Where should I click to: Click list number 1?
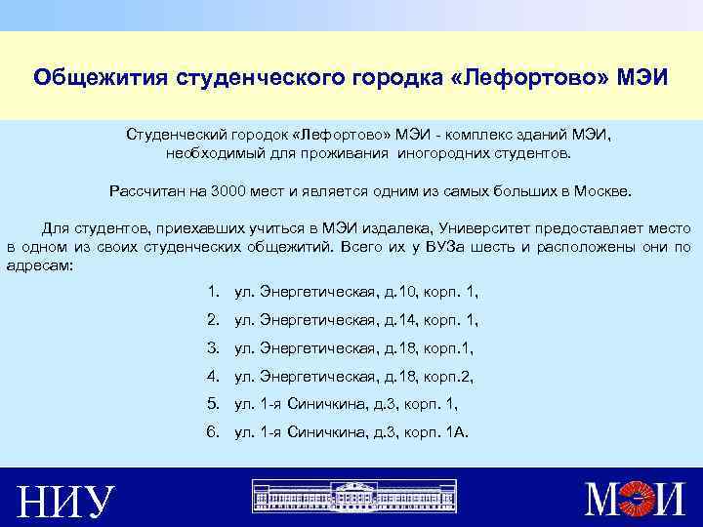(213, 292)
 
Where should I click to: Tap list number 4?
(213, 375)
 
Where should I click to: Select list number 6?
(213, 429)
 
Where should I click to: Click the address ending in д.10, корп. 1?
(356, 292)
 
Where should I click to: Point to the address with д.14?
(356, 319)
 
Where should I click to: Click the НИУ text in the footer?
(66, 500)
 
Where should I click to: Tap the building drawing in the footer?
(351, 497)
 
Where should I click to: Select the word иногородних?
(464, 153)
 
